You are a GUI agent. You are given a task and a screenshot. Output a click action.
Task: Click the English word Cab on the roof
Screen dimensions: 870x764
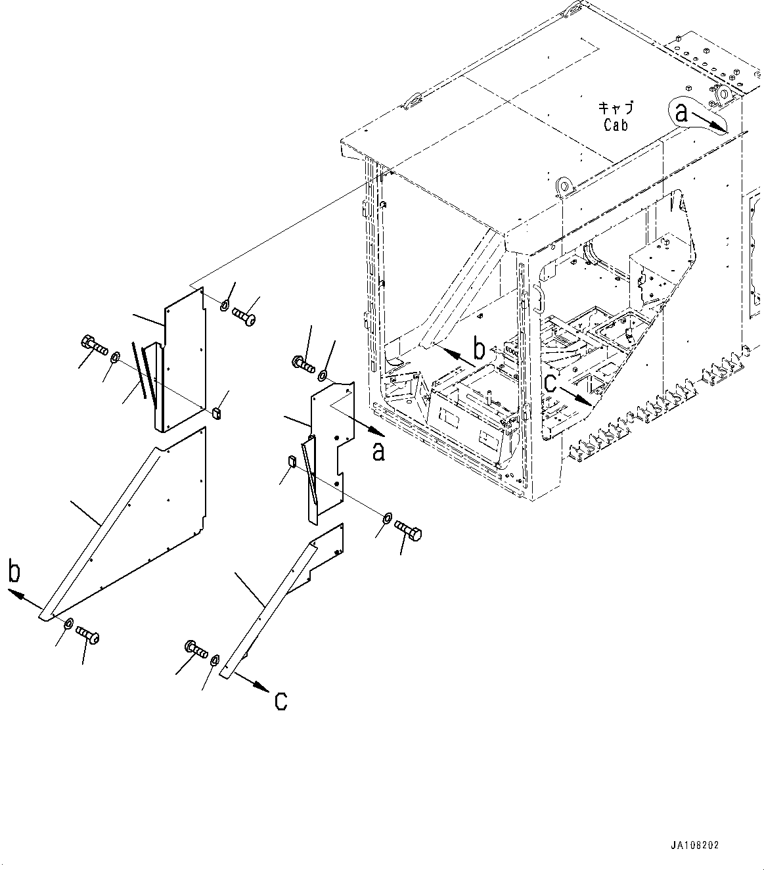coord(616,125)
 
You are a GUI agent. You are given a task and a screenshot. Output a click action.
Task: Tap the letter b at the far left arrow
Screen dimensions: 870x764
coord(14,572)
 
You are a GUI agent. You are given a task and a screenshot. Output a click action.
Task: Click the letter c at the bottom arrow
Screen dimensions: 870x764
coord(281,702)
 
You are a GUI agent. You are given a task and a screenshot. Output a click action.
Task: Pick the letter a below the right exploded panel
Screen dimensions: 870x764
coord(379,452)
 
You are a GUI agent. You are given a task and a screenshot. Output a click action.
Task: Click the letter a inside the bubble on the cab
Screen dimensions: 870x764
coord(682,114)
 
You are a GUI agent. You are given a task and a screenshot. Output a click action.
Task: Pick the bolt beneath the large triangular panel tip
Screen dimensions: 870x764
coord(87,634)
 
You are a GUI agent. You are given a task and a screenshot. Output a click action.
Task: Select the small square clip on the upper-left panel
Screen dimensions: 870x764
coord(217,413)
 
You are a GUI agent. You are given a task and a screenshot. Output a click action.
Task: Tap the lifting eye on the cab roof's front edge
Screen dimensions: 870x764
coord(563,186)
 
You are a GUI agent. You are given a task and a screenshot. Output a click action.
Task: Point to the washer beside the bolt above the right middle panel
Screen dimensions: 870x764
coord(323,376)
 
